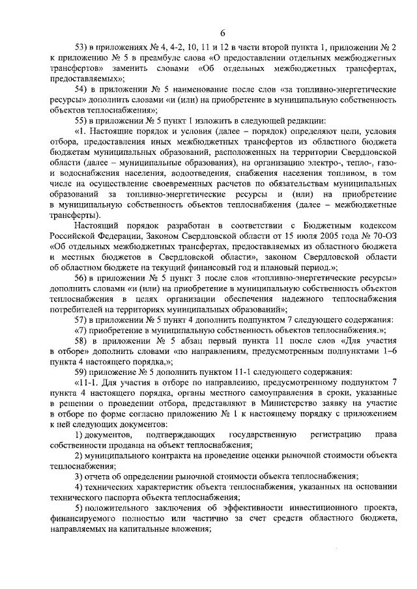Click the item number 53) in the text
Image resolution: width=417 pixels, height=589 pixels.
point(83,48)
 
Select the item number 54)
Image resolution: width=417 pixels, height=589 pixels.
point(83,89)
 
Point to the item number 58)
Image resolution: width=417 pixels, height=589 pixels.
point(83,339)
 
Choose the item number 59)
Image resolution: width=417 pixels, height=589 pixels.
point(83,370)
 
